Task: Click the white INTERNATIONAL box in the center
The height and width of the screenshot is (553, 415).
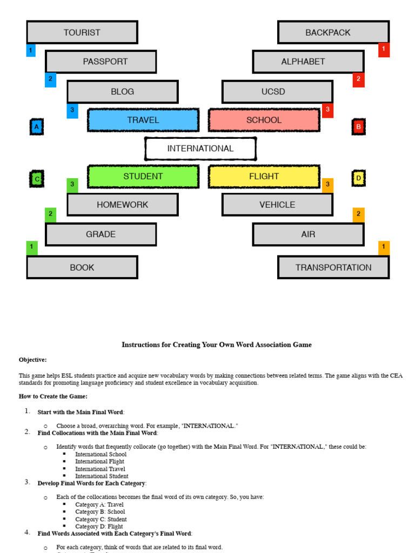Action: pyautogui.click(x=200, y=149)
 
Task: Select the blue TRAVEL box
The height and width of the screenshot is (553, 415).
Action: pyautogui.click(x=143, y=120)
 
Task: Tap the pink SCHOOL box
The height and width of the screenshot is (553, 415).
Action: pyautogui.click(x=264, y=120)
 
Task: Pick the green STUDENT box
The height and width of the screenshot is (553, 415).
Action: pyautogui.click(x=143, y=177)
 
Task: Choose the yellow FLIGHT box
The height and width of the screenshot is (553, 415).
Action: pyautogui.click(x=264, y=177)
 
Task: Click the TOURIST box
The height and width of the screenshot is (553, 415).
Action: pyautogui.click(x=82, y=32)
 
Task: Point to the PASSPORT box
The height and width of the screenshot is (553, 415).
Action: pyautogui.click(x=101, y=62)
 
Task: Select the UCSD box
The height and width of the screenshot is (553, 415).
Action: pyautogui.click(x=277, y=92)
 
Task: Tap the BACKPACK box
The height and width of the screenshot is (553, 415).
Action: pyautogui.click(x=333, y=32)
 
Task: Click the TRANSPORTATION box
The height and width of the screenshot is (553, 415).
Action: pyautogui.click(x=333, y=267)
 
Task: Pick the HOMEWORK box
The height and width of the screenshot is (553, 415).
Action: pyautogui.click(x=123, y=205)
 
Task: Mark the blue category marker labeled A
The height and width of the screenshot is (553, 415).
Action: pyautogui.click(x=36, y=127)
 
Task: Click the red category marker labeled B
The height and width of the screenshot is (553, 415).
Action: pyautogui.click(x=358, y=127)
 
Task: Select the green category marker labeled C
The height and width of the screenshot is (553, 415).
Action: pyautogui.click(x=37, y=179)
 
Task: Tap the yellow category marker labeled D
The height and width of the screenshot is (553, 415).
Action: pyautogui.click(x=358, y=178)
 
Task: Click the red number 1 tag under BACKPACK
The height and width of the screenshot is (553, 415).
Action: pyautogui.click(x=384, y=50)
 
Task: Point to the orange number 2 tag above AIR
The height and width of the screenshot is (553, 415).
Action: pyautogui.click(x=358, y=214)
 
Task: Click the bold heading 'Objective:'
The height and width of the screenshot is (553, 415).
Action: pyautogui.click(x=33, y=360)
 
